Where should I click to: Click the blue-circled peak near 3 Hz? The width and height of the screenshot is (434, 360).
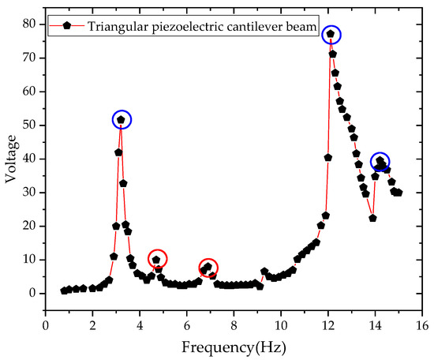[x=121, y=120]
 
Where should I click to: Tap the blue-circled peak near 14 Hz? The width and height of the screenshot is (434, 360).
[x=380, y=161]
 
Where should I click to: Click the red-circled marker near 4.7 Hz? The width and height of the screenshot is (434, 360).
[x=156, y=260]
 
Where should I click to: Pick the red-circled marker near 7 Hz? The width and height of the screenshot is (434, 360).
[x=208, y=268]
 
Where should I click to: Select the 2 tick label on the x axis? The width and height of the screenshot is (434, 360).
[x=92, y=324]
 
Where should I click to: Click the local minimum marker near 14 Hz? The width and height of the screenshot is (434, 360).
[x=372, y=218]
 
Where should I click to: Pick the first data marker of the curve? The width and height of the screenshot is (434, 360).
[x=64, y=291]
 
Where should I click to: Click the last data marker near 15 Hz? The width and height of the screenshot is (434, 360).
[x=398, y=193]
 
